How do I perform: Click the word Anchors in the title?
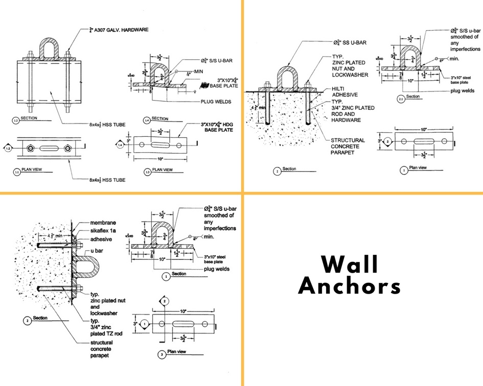[x=350, y=286]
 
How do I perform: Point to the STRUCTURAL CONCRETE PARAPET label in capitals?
[x=348, y=147]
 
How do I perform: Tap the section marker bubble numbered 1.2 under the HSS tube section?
[x=15, y=121]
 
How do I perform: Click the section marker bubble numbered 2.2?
[x=401, y=99]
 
